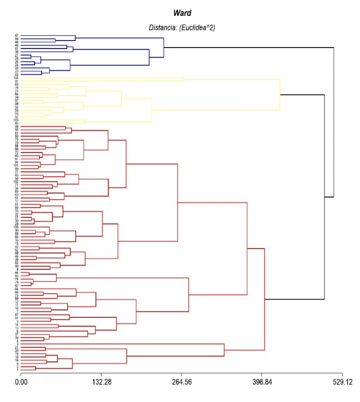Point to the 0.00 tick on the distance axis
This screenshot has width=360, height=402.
21,382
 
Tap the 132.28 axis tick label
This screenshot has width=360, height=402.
101,382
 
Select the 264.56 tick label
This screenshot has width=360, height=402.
181,382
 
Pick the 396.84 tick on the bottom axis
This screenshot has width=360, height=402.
262,382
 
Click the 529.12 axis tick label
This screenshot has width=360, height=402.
342,382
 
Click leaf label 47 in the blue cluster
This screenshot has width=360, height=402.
17,36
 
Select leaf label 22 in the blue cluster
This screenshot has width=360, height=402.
17,74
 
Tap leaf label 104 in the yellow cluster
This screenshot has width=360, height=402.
16,78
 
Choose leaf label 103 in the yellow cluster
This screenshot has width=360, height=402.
16,119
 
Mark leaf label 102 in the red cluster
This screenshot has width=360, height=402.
16,181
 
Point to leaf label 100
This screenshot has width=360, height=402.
16,227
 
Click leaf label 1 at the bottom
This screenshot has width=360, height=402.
17,370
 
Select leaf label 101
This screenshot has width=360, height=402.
16,165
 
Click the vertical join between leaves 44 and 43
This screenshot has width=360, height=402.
29,274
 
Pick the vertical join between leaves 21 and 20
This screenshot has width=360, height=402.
45,350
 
